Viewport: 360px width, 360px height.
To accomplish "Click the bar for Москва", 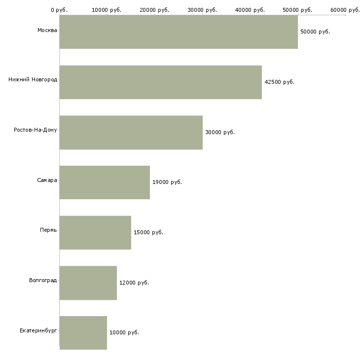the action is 179,32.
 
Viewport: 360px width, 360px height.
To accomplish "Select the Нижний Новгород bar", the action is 161,82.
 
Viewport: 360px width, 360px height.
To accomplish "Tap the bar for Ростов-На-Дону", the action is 131,133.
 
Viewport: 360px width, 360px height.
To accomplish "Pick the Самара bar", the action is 105,182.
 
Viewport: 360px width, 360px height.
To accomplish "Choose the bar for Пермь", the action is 95,233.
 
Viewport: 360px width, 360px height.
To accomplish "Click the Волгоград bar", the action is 88,283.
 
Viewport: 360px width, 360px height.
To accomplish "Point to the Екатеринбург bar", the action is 83,333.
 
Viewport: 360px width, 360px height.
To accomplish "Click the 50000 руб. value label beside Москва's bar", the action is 315,32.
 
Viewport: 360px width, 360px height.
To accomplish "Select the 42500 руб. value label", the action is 280,82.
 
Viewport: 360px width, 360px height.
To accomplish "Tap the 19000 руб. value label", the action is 167,182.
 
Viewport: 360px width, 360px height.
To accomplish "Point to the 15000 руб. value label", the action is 148,232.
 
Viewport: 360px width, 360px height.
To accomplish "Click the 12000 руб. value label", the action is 134,283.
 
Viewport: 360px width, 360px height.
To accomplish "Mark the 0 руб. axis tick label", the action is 59,10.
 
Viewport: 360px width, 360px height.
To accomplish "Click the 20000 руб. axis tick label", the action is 154,10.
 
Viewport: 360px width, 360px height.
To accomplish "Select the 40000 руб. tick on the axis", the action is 250,10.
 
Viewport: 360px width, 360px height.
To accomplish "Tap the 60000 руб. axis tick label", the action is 345,10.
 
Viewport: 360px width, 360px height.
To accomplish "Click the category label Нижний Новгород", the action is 33,79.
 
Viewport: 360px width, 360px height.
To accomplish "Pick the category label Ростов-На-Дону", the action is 36,130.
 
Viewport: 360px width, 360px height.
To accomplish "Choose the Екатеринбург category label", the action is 38,330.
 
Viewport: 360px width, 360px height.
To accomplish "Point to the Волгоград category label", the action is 43,280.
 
